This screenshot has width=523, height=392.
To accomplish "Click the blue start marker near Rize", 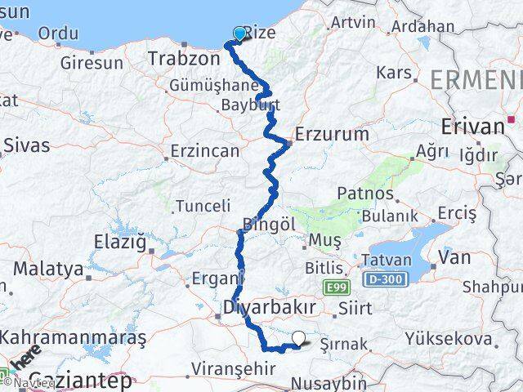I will point(239,33).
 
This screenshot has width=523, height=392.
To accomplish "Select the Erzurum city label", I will point(320,133).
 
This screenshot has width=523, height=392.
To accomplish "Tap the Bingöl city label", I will point(268,224).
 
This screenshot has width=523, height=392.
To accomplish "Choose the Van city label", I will point(454,258).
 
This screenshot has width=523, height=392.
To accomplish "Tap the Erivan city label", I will point(472,126).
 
